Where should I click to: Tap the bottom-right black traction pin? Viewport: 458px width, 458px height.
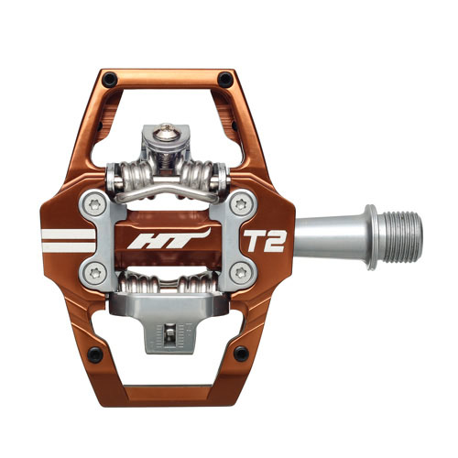click(x=240, y=353)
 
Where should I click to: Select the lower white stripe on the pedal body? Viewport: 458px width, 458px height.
click(x=70, y=248)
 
